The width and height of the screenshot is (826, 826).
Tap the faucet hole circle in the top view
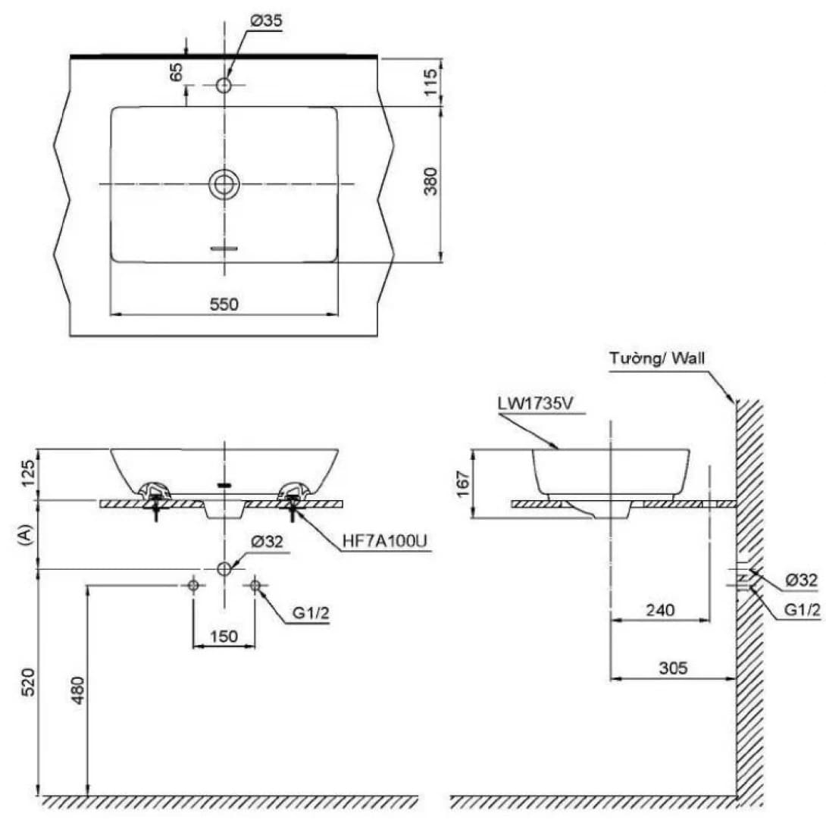(224, 85)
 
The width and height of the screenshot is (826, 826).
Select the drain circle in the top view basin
(224, 184)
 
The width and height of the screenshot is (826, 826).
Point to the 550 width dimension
(224, 304)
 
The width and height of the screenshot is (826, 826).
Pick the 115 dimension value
(431, 81)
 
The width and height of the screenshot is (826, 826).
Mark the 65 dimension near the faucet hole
(177, 73)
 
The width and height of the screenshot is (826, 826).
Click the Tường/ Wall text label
(658, 358)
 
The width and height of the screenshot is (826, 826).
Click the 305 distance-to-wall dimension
(672, 668)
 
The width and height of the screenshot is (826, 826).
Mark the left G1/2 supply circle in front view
(193, 585)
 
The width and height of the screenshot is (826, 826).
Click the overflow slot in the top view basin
(224, 248)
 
